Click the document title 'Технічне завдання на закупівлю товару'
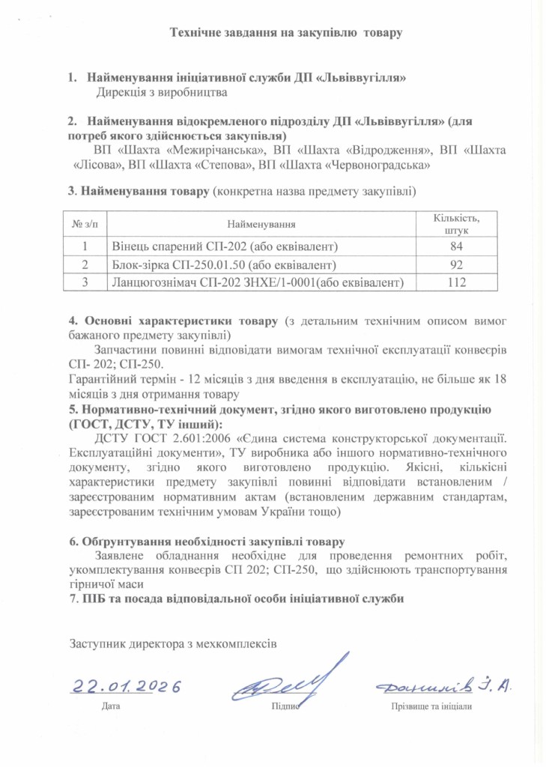(287, 33)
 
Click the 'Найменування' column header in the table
(261, 224)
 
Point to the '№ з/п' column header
(85, 224)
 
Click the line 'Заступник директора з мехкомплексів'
(173, 643)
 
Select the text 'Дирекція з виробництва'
(161, 93)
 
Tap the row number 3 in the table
(85, 282)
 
